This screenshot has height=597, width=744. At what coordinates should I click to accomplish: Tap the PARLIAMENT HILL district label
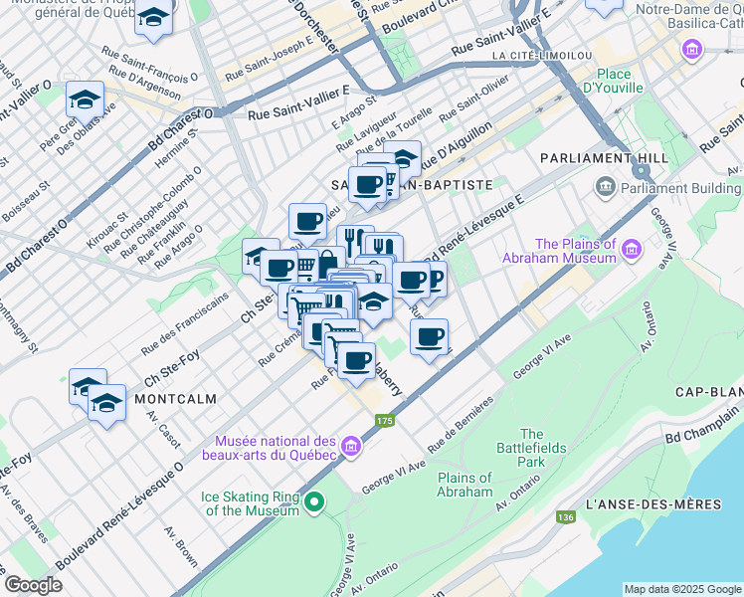(x=588, y=159)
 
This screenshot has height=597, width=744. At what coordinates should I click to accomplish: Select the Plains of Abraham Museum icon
(x=632, y=244)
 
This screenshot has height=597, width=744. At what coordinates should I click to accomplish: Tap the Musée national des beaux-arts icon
(x=350, y=449)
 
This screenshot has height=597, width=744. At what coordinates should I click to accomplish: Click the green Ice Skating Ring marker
(x=314, y=501)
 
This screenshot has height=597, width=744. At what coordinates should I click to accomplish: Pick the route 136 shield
(x=566, y=517)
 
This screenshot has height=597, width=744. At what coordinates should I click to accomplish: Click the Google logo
(x=34, y=585)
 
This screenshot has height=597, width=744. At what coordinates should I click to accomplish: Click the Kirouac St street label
(x=106, y=230)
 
